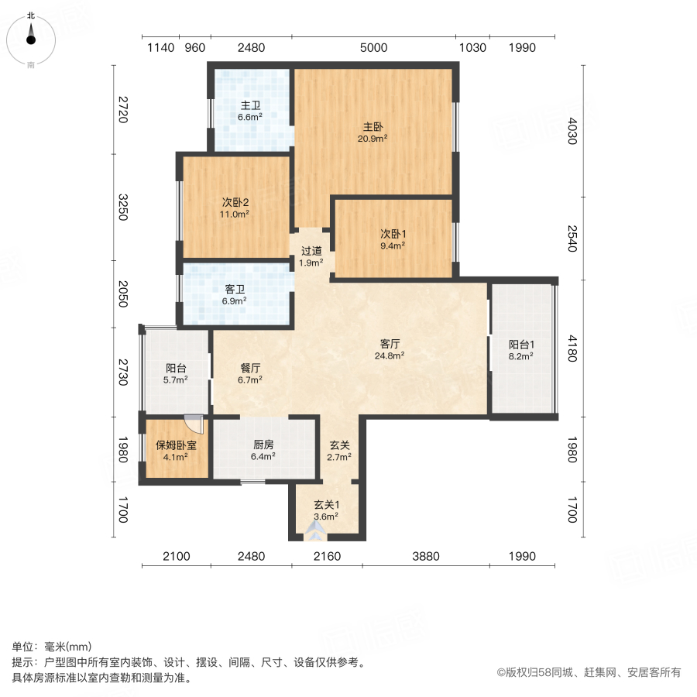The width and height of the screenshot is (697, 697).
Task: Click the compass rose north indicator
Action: coord(31,36)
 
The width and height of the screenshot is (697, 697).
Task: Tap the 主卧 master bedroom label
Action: coord(373,127)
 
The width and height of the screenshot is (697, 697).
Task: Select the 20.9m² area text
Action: coord(373,139)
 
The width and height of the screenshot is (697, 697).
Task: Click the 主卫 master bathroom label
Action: coord(249,106)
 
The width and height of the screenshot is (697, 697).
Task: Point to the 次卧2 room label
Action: coord(235,201)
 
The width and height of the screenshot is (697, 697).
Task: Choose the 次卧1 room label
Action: coord(393,233)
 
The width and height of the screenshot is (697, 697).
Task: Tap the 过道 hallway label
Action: coord(311,251)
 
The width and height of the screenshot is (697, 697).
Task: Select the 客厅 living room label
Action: coord(393,342)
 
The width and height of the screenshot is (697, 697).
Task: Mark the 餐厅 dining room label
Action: coord(249,368)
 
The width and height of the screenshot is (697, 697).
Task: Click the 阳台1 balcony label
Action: coord(522,345)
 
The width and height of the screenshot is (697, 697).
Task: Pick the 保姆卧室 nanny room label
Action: coord(176,445)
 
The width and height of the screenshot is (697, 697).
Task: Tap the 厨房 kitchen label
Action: coord(263,445)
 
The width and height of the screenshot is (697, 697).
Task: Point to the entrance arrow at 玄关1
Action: coord(315,530)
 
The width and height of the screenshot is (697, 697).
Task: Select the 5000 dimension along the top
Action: coord(373,48)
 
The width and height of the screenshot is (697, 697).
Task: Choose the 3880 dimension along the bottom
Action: coord(425,556)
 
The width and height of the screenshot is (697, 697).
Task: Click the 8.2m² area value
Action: coord(522,358)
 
